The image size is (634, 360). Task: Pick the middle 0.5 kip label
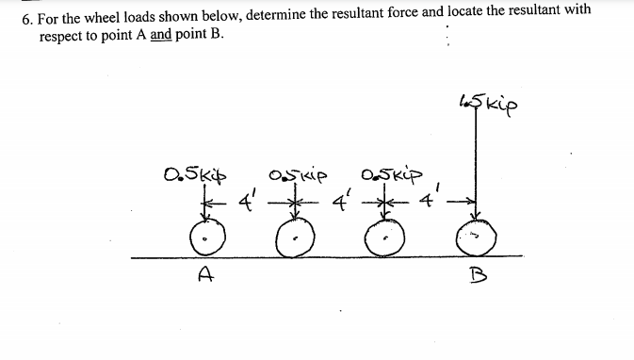pyautogui.click(x=296, y=174)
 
